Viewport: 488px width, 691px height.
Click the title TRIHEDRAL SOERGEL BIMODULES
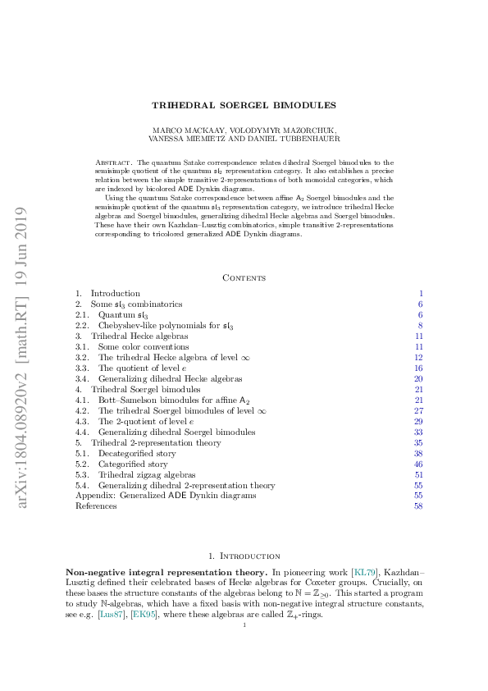point(244,105)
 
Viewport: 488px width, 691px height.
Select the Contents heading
point(244,277)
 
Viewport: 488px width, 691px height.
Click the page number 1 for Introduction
point(420,293)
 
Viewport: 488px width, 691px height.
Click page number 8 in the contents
point(420,325)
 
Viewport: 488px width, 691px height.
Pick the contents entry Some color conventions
point(135,346)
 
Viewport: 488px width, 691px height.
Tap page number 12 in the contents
point(418,357)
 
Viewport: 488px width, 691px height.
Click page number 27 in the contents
point(418,410)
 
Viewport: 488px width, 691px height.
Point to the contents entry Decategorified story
point(135,453)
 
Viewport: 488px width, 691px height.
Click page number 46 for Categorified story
point(418,464)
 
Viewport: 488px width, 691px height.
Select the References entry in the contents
point(96,506)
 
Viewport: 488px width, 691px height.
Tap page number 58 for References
point(418,506)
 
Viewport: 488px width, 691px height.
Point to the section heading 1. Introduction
point(244,556)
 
